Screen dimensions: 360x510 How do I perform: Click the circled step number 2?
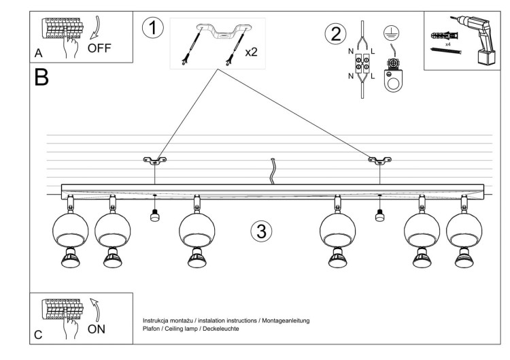point(334,34)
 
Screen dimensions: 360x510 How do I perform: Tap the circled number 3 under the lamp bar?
point(260,231)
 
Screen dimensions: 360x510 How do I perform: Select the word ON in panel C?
point(98,329)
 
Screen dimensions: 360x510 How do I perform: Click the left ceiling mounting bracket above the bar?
point(155,161)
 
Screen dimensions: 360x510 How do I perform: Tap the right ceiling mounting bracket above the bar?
point(379,161)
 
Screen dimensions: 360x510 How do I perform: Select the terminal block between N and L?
point(362,65)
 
